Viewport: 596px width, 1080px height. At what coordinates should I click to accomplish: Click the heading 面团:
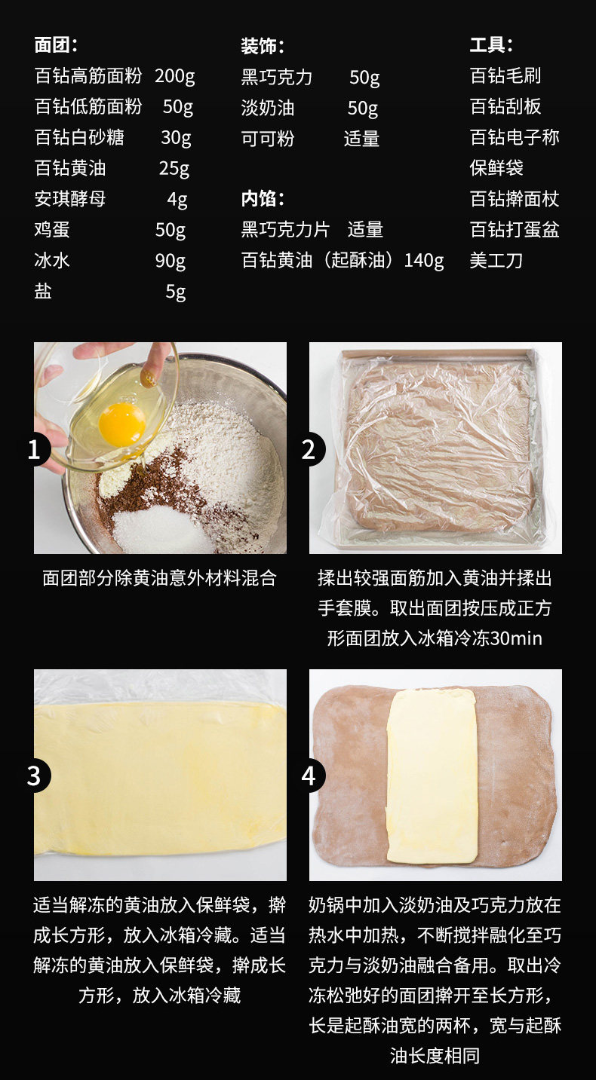[56, 45]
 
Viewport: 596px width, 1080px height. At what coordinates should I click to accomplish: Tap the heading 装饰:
[263, 46]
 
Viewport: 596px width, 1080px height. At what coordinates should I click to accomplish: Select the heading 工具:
[491, 45]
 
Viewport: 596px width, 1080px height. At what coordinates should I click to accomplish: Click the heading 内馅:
[263, 199]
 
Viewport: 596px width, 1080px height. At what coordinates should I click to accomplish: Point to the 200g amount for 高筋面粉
[175, 76]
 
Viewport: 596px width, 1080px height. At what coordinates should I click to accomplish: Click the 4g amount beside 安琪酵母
[177, 200]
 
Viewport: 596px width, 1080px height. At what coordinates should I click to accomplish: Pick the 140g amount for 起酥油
[424, 261]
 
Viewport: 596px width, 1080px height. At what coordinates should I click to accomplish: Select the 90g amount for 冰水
[171, 262]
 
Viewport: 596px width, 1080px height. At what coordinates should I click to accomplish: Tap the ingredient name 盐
[43, 291]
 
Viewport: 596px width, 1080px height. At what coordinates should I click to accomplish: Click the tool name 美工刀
[496, 260]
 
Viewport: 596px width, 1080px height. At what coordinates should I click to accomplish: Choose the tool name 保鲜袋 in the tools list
[496, 168]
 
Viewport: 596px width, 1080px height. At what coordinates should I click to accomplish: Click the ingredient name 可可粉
[268, 139]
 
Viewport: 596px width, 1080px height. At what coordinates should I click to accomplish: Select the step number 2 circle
[309, 450]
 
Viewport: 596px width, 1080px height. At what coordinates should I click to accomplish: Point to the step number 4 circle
[309, 776]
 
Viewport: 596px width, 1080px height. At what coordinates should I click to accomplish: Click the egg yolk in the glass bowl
[121, 425]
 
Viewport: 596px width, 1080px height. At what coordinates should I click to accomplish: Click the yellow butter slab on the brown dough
[432, 776]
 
